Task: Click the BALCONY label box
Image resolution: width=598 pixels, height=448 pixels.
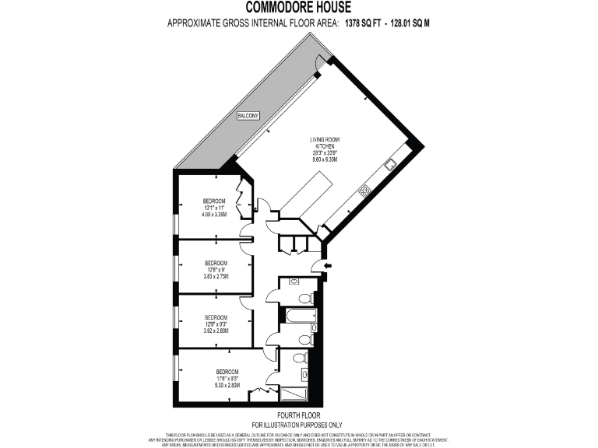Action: coord(249,116)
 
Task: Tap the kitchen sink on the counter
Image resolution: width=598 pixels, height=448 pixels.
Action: coord(390,164)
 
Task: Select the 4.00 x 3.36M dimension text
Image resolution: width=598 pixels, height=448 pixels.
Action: coord(215,215)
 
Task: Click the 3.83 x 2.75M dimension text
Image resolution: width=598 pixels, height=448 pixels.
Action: coord(216,276)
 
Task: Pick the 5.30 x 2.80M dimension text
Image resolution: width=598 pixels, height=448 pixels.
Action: coord(227,385)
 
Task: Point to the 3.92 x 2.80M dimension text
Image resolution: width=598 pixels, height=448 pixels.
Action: coord(216,331)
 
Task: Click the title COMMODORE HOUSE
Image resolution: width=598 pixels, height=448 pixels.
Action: coord(299,9)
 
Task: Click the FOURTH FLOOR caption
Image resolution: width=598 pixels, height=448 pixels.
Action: coord(299,415)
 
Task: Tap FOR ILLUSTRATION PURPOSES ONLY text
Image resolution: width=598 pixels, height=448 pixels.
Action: coord(299,425)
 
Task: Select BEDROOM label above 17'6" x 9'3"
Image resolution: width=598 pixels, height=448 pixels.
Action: coord(227,371)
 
